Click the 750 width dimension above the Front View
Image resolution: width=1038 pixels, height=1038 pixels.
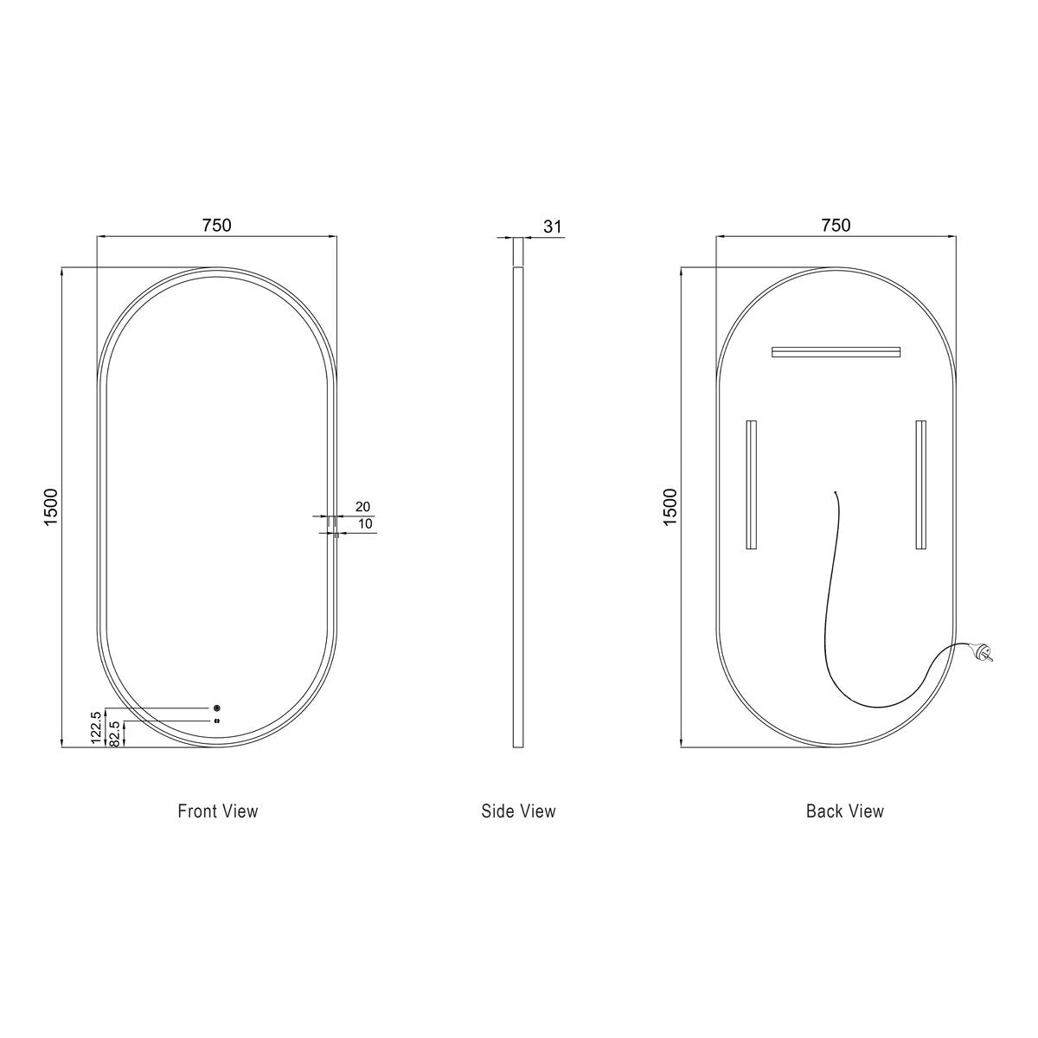[x=217, y=225]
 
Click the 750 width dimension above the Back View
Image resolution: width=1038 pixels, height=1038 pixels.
[x=836, y=225]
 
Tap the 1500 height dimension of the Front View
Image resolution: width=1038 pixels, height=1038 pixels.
[x=51, y=508]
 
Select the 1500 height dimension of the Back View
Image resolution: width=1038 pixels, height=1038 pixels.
[x=670, y=508]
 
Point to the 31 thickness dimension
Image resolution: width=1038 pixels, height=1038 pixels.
[x=553, y=227]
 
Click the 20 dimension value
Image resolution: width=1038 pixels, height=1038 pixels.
[x=362, y=506]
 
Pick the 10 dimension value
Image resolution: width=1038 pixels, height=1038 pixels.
[x=365, y=523]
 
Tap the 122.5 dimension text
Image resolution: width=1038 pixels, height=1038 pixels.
[x=96, y=727]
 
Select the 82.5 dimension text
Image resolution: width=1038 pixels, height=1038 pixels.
[x=113, y=734]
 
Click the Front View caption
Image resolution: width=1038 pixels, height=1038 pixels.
[x=218, y=811]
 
